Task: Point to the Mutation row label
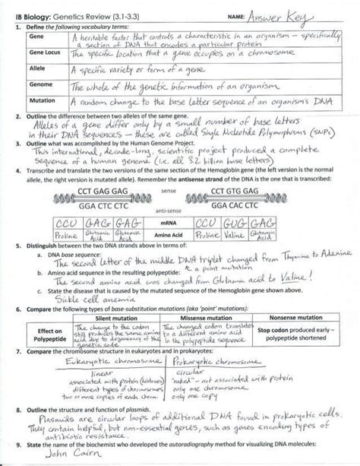coord(39,102)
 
